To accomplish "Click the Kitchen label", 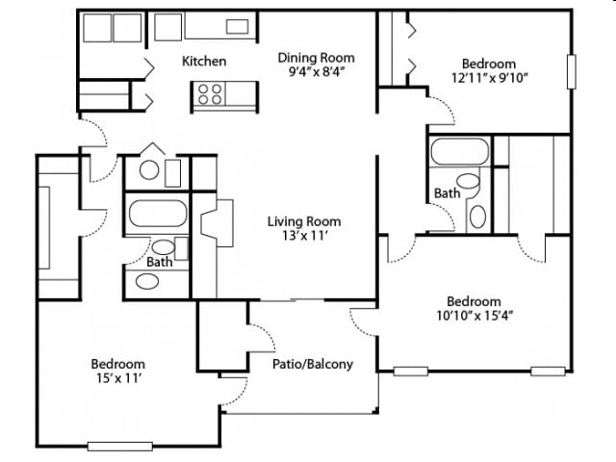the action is pyautogui.click(x=204, y=62).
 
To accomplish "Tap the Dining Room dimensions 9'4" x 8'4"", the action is pyautogui.click(x=317, y=72).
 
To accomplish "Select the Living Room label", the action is pyautogui.click(x=304, y=221).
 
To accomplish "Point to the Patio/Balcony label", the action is pyautogui.click(x=313, y=364).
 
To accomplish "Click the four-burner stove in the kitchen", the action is pyautogui.click(x=209, y=94).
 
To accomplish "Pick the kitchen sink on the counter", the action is pyautogui.click(x=238, y=27).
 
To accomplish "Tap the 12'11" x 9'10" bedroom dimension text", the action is pyautogui.click(x=489, y=78).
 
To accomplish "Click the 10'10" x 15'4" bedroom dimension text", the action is pyautogui.click(x=475, y=316).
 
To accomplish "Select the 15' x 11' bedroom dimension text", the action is pyautogui.click(x=118, y=378).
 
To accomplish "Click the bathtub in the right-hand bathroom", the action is pyautogui.click(x=460, y=152).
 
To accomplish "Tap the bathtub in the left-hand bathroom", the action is pyautogui.click(x=158, y=214).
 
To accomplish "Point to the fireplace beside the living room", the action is pyautogui.click(x=217, y=223).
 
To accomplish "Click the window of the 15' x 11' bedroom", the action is pyautogui.click(x=119, y=446).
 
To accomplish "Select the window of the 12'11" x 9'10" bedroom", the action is pyautogui.click(x=572, y=72).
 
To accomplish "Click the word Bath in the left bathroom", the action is pyautogui.click(x=160, y=262).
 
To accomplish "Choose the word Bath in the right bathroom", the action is pyautogui.click(x=447, y=193).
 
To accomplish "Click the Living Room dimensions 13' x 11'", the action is pyautogui.click(x=305, y=236).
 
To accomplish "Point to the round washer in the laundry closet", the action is pyautogui.click(x=149, y=171).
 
